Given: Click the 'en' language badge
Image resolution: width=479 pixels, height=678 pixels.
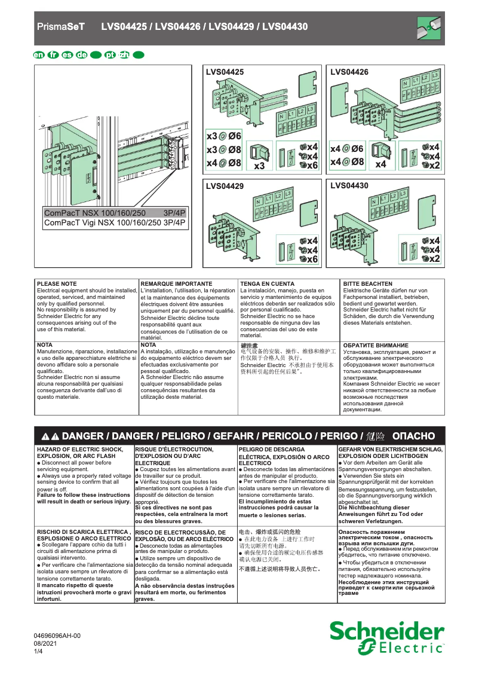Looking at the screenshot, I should click(39, 56).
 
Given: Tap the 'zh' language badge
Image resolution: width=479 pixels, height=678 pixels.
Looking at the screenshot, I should click(124, 56).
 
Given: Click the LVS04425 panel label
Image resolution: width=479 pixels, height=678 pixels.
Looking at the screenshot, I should click(225, 72).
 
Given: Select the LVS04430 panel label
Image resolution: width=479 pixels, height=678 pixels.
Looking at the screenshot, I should click(349, 186).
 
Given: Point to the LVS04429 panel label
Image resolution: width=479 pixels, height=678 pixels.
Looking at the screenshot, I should click(225, 187).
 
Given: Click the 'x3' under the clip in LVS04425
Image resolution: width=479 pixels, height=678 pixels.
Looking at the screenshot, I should click(259, 166).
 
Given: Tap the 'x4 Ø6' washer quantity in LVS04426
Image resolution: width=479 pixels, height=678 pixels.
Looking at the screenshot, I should click(347, 149).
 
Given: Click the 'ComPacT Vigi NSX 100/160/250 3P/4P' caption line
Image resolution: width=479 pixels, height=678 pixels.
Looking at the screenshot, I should click(115, 223).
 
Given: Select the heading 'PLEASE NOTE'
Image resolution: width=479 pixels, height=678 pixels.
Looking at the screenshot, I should click(57, 283).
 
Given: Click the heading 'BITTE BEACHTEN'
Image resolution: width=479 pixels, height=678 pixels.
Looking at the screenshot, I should click(368, 283).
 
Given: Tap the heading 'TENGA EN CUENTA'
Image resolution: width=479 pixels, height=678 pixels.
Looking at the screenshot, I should click(267, 283).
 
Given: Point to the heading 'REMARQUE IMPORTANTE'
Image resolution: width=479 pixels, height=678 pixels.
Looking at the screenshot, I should click(176, 283).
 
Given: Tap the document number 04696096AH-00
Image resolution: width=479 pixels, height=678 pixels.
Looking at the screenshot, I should click(56, 636).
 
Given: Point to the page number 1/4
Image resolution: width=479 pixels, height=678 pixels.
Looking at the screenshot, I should click(39, 652).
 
